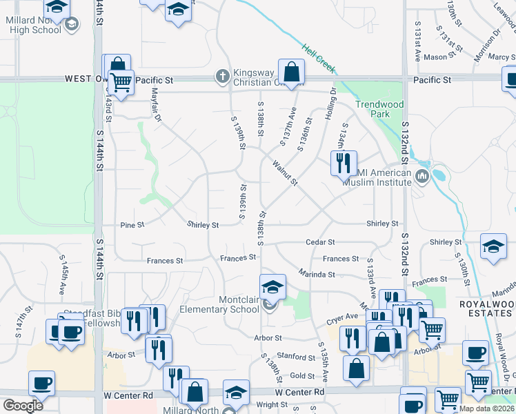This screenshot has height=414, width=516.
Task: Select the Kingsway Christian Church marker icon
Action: (x=222, y=76)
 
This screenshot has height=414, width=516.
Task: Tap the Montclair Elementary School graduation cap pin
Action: (x=272, y=286)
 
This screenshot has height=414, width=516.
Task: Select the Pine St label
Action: (x=132, y=225)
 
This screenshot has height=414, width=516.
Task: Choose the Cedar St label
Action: (x=321, y=242)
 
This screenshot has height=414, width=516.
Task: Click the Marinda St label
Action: (x=317, y=274)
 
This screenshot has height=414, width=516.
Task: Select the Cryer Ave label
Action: (x=343, y=316)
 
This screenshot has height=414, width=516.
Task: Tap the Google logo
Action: (x=23, y=406)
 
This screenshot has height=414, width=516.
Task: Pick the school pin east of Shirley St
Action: (x=493, y=248)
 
